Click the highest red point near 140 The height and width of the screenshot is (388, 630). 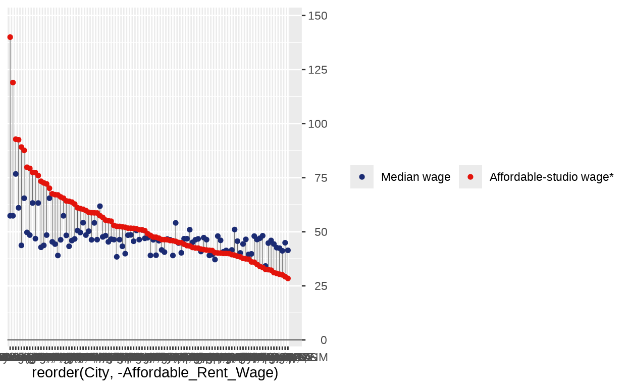pos(10,37)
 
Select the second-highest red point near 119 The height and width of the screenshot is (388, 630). pos(13,82)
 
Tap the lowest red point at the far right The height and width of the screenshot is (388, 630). pos(288,278)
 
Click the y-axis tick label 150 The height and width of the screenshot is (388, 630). pos(317,16)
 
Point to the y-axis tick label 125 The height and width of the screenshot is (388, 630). pos(317,70)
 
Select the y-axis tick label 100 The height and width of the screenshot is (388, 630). pos(317,124)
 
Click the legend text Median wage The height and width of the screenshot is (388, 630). pos(415,177)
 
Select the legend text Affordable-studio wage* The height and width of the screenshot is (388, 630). pos(551,177)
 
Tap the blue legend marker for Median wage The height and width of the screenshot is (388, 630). pos(362,177)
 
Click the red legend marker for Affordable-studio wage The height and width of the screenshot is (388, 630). pos(470,177)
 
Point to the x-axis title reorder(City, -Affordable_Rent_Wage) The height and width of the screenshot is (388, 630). pos(155,373)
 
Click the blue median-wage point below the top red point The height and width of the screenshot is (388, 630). pos(10,216)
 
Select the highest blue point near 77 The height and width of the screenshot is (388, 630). pos(16,174)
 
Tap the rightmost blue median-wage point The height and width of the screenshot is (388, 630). pos(288,250)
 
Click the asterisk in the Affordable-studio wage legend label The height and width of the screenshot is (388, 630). pos(611,175)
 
